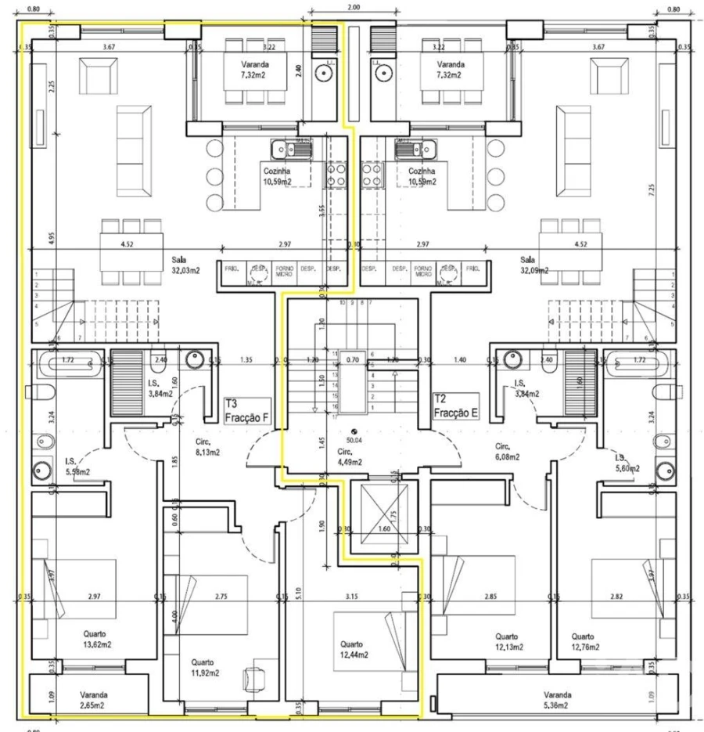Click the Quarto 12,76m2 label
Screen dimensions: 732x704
(585, 641)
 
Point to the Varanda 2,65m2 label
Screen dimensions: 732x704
(93, 699)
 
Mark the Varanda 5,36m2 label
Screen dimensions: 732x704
(559, 699)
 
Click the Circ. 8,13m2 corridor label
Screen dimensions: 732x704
(208, 446)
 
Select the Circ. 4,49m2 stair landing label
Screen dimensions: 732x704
(350, 456)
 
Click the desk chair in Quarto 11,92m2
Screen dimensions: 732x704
(259, 678)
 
